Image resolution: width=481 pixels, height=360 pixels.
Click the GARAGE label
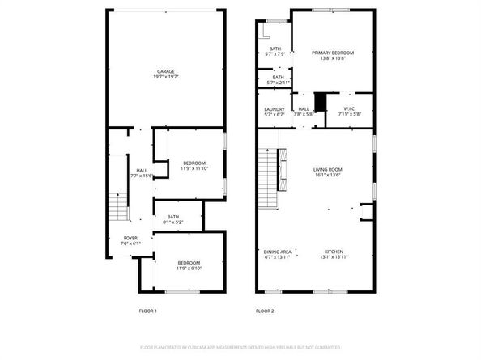click(x=165, y=72)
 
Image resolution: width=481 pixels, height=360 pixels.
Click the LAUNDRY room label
click(x=275, y=108)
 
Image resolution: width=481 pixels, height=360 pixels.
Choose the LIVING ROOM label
click(x=328, y=169)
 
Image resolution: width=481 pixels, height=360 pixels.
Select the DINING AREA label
click(x=277, y=251)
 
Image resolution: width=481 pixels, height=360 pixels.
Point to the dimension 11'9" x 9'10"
click(x=190, y=268)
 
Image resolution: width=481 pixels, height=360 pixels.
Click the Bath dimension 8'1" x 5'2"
click(x=173, y=222)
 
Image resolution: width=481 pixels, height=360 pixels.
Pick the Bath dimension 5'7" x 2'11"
click(x=277, y=83)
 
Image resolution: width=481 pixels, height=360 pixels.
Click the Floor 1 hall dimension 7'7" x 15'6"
click(x=142, y=175)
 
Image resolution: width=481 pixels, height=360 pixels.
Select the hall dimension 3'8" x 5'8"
click(x=304, y=114)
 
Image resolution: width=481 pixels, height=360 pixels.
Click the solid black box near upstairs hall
click(x=320, y=102)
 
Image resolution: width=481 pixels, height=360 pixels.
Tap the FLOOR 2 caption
click(x=265, y=311)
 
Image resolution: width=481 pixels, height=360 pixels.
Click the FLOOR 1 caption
click(x=147, y=311)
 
